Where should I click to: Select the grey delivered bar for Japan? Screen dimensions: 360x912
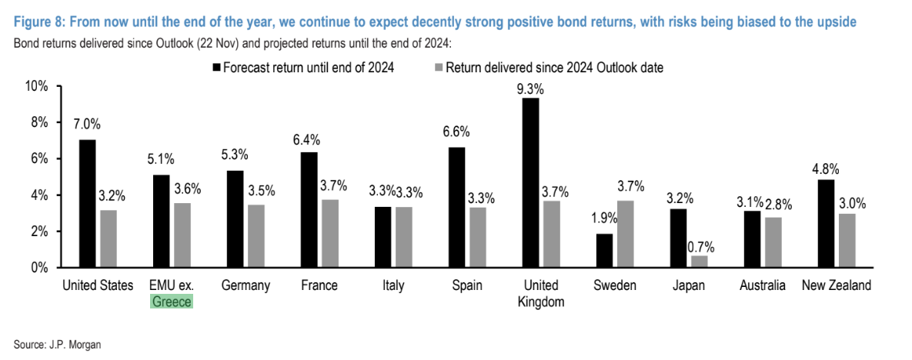pos(699,262)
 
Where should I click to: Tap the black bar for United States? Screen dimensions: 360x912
pos(88,204)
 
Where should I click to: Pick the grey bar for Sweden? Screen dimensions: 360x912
pos(627,234)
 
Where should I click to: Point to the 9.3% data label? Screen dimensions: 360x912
pos(531,89)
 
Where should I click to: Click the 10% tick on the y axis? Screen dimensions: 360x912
pos(37,86)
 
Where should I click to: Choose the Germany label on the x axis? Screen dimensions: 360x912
pos(246,286)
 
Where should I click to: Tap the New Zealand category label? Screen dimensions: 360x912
pos(837,286)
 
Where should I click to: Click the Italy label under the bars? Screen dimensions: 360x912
pos(393,286)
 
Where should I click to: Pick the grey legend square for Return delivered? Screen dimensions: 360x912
pos(439,68)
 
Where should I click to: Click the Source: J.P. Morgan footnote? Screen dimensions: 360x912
pos(58,345)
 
